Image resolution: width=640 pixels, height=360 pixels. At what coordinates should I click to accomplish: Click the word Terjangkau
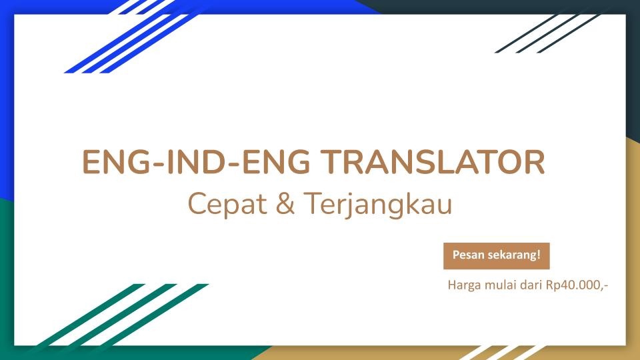tap(378, 205)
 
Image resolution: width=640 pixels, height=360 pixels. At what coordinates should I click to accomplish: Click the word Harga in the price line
tap(463, 286)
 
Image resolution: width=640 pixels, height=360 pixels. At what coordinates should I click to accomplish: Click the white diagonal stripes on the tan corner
tap(507, 352)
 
